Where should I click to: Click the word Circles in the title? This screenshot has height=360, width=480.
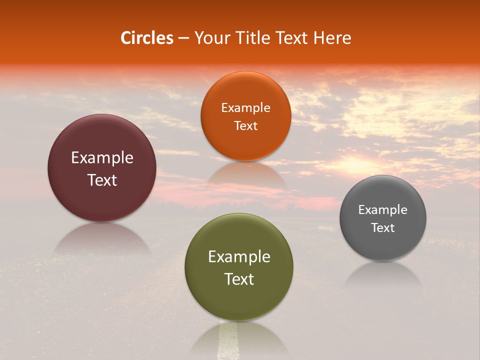(147, 38)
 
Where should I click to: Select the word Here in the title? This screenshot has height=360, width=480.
(332, 38)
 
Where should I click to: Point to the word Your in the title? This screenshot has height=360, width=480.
(210, 38)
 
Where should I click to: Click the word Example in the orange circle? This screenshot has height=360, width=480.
(245, 108)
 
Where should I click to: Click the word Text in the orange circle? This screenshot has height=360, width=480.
(245, 126)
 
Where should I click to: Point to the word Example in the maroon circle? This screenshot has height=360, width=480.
(102, 158)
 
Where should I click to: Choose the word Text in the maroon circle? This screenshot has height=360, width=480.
(102, 180)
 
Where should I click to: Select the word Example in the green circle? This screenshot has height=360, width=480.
(239, 257)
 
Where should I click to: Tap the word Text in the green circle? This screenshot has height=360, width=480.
(239, 279)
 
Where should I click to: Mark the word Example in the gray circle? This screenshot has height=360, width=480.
(383, 210)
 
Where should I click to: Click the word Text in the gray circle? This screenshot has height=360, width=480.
(383, 228)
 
